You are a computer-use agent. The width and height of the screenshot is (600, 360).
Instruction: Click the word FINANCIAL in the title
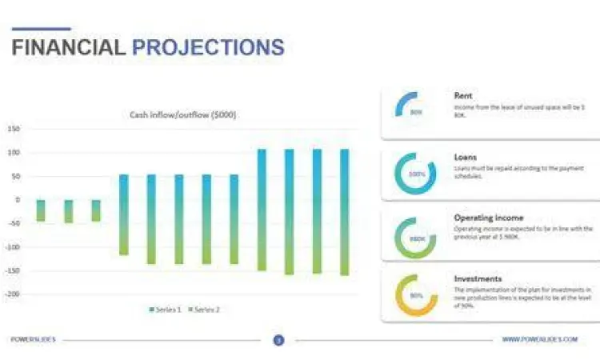tap(68, 47)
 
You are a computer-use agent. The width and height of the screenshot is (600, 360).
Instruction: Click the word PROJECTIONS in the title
tap(208, 47)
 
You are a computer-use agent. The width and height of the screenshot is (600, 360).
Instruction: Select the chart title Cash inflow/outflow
tap(183, 114)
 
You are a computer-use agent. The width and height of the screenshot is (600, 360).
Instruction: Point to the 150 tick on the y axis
tap(14, 129)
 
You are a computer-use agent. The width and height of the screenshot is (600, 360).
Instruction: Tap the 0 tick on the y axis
tap(18, 199)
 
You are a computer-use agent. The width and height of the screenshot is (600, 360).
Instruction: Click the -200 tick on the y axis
tap(12, 294)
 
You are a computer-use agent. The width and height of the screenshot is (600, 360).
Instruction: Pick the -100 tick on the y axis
tap(12, 246)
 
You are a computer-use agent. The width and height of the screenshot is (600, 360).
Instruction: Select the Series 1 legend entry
tap(165, 309)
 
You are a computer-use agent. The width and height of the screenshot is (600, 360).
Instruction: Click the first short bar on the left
tap(41, 210)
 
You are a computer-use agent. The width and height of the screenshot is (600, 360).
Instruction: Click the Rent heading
tap(462, 96)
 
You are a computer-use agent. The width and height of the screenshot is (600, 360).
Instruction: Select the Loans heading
tap(466, 158)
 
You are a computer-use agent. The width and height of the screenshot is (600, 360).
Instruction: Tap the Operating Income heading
tap(488, 218)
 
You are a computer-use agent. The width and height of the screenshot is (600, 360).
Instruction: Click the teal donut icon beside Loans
tap(415, 173)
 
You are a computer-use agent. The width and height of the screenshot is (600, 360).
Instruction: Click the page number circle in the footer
tap(278, 340)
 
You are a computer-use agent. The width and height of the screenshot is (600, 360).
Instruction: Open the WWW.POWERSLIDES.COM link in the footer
tap(539, 340)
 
